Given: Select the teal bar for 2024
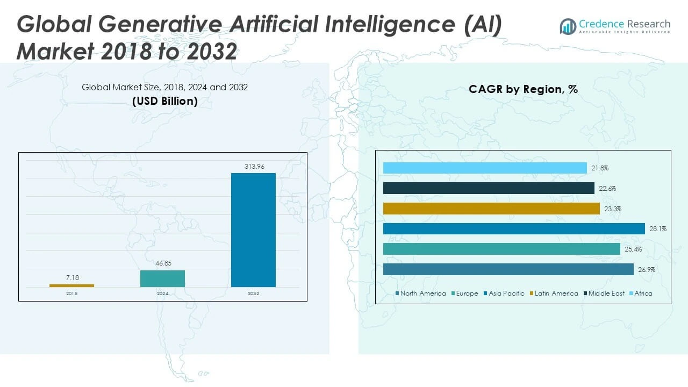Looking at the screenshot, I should tap(162, 278).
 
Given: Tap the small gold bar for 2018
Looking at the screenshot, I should tap(71, 285).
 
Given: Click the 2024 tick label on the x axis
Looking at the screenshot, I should tap(162, 293).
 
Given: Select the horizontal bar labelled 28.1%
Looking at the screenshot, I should tap(513, 229).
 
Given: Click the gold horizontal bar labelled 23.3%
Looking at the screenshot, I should tap(491, 209).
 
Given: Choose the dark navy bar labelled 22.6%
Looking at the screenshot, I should tap(489, 188).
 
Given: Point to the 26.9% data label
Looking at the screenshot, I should tap(647, 270).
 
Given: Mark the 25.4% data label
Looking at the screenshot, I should tap(633, 249).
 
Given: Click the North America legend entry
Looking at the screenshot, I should tap(422, 293).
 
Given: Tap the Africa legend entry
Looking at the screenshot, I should tap(643, 293).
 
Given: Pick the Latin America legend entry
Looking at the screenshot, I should tap(556, 293).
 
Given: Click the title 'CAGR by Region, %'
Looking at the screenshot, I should tap(523, 89).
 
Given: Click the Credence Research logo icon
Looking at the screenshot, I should tap(568, 26).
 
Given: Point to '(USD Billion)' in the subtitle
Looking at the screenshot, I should tap(164, 101).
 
